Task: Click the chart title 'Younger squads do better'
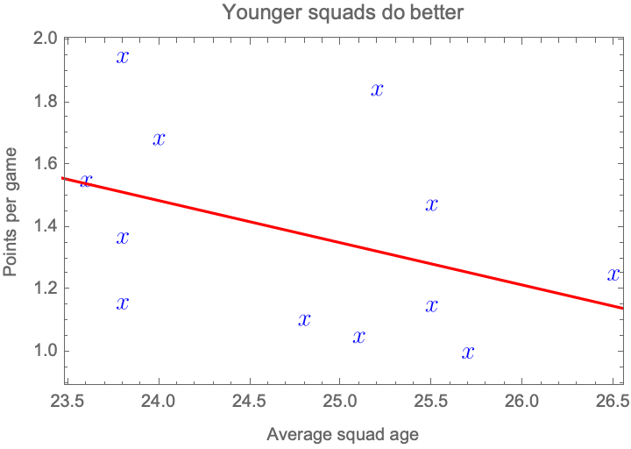[330, 13]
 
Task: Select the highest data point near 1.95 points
[123, 57]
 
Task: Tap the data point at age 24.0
[159, 139]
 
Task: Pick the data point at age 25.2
[377, 89]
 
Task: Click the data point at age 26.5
[613, 274]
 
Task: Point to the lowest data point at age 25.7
[468, 353]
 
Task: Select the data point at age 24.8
[304, 320]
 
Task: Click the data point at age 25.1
[358, 337]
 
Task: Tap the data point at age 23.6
[86, 182]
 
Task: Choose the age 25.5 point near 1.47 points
[431, 204]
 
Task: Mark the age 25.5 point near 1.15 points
[431, 305]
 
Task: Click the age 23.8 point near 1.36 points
[123, 238]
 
